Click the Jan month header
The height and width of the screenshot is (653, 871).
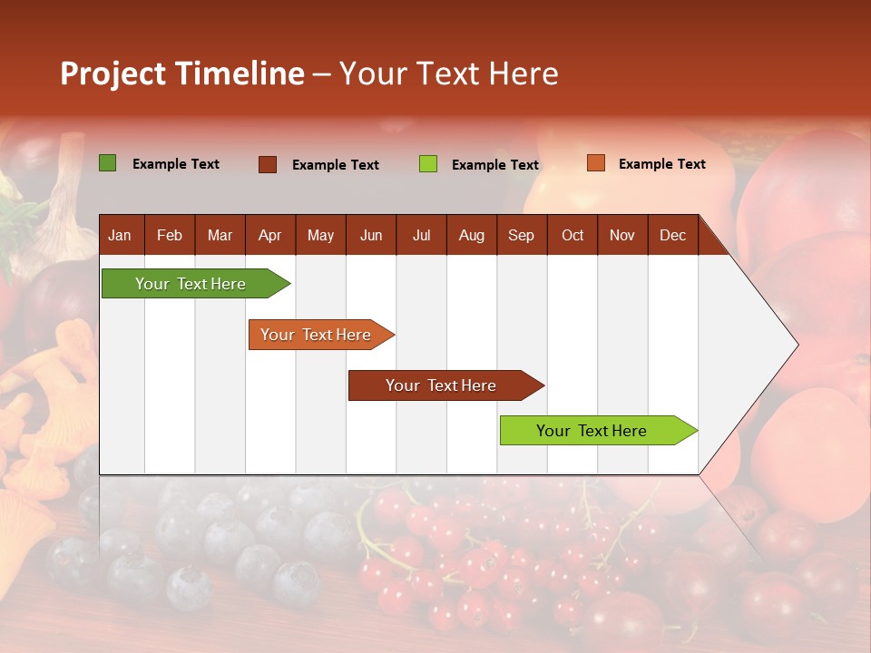[x=120, y=235]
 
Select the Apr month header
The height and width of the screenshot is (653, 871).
[x=269, y=235]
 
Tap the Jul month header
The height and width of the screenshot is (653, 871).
[x=421, y=235]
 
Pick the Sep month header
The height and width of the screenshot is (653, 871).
[x=521, y=235]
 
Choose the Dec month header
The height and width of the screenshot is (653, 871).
[x=672, y=235]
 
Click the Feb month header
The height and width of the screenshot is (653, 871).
[x=170, y=235]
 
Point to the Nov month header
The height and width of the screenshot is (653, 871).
[x=621, y=235]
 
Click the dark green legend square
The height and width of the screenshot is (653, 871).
[x=107, y=163]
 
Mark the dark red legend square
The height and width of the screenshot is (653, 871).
[x=268, y=164]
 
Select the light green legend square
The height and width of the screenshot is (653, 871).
[x=428, y=164]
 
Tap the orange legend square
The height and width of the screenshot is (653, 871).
[x=595, y=163]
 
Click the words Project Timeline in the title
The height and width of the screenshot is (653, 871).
[x=181, y=73]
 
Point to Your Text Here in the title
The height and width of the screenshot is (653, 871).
[x=448, y=73]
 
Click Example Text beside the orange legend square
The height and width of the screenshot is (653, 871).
[x=661, y=164]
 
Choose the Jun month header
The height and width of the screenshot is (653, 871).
[x=370, y=235]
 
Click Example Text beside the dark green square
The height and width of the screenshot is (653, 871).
[x=175, y=164]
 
